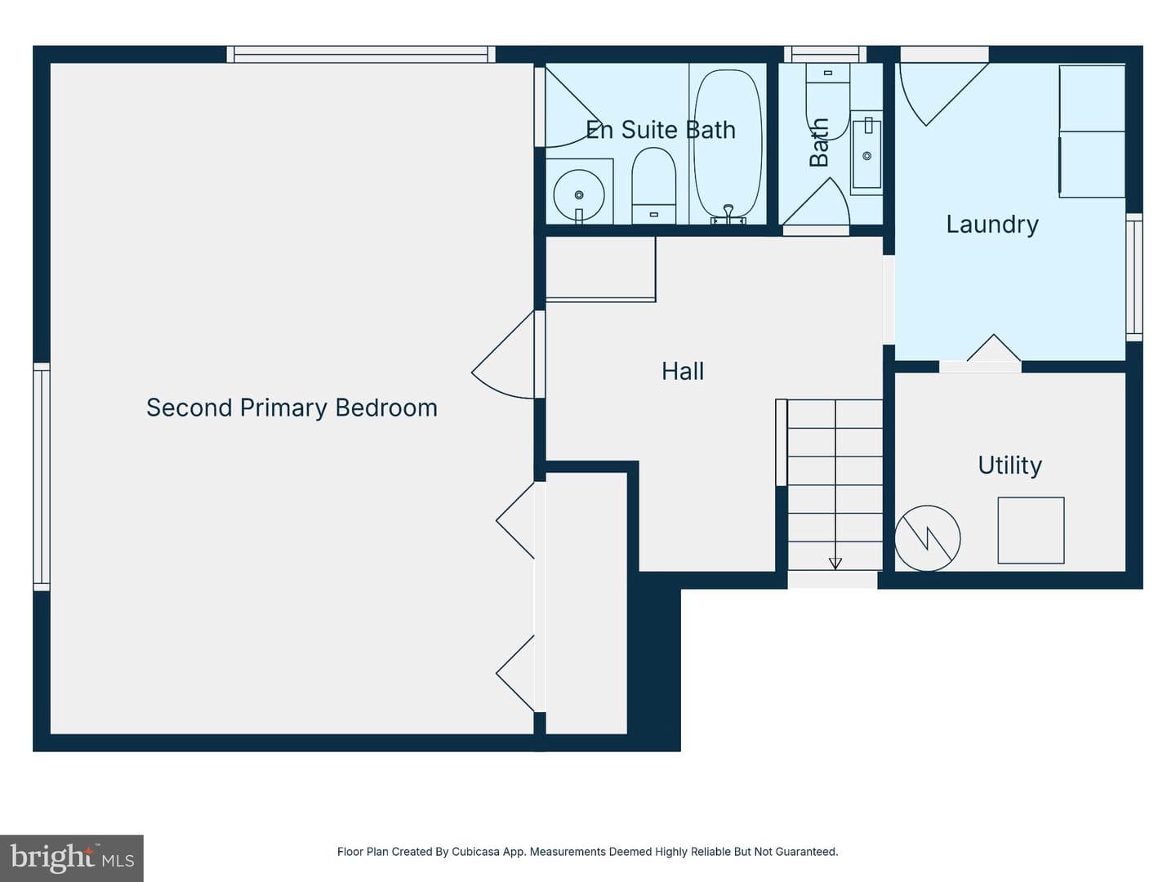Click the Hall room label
683,371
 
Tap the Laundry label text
992,225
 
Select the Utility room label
1010,465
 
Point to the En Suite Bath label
660,130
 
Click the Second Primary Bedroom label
292,408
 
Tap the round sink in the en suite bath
579,195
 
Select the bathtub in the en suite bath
728,145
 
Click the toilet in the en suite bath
653,185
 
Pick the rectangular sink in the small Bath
866,154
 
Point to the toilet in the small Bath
827,102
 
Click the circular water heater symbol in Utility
928,538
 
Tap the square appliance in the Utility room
1031,530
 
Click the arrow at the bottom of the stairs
835,563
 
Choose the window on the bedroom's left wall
42,477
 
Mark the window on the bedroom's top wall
361,55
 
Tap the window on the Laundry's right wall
1134,278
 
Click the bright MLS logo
72,858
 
